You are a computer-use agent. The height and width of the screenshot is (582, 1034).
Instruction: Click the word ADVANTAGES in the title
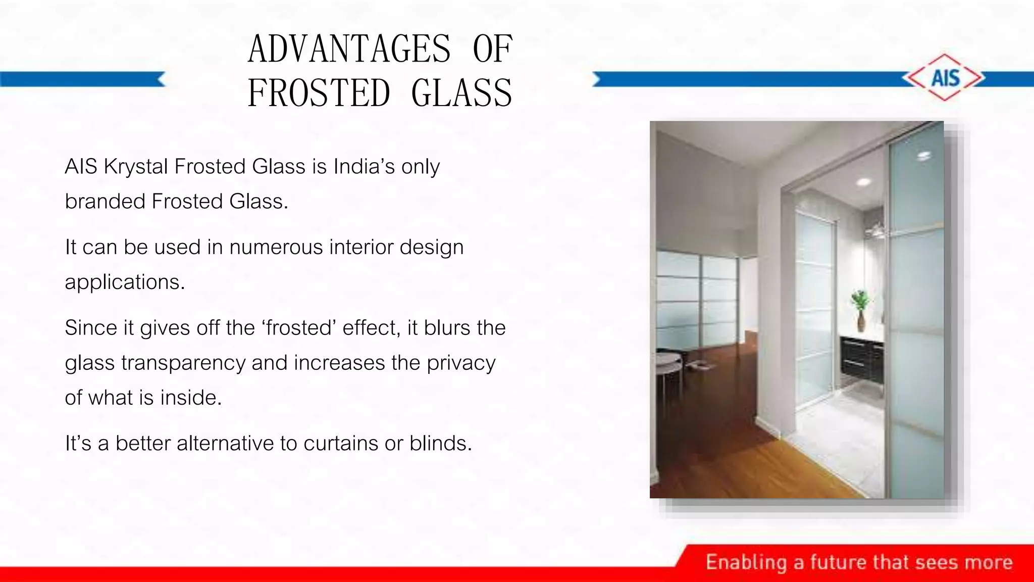click(349, 49)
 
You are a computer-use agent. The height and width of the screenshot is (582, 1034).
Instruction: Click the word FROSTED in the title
click(319, 93)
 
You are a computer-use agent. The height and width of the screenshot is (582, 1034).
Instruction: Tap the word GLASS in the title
click(461, 93)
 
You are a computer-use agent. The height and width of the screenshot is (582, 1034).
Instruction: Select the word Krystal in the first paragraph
click(135, 167)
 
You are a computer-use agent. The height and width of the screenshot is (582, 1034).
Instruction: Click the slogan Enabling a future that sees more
click(859, 562)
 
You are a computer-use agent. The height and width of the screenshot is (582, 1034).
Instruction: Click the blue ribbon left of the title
click(81, 79)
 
